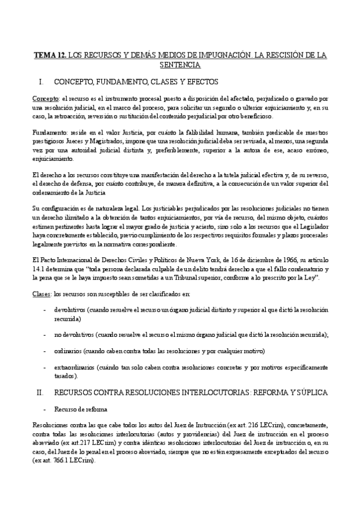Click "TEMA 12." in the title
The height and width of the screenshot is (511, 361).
click(x=49, y=54)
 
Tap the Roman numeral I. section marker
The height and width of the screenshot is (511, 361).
click(x=41, y=81)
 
